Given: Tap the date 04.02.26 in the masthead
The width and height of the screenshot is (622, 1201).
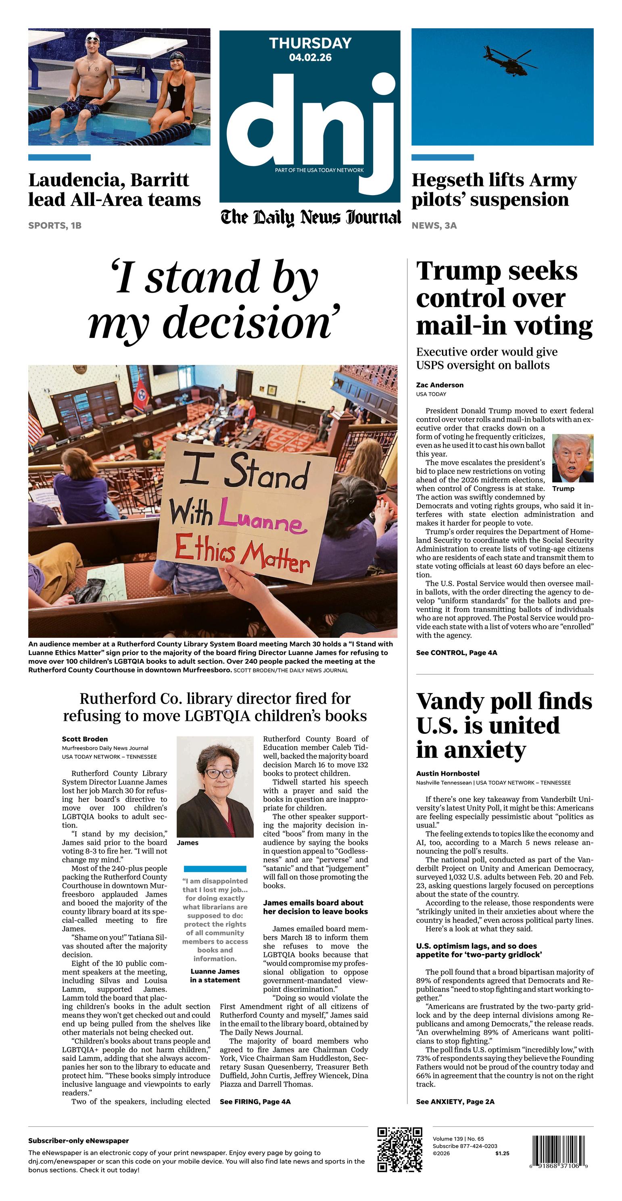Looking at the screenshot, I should pyautogui.click(x=310, y=57).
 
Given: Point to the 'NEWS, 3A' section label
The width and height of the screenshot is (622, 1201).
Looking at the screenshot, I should pyautogui.click(x=434, y=226).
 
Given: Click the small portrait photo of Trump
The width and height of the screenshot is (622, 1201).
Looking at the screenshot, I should pyautogui.click(x=572, y=458).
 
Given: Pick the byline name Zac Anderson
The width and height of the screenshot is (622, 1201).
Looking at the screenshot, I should pyautogui.click(x=440, y=385).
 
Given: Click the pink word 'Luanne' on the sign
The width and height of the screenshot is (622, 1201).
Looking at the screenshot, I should pyautogui.click(x=262, y=518).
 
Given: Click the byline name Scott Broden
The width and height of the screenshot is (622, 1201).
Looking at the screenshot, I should pyautogui.click(x=84, y=739).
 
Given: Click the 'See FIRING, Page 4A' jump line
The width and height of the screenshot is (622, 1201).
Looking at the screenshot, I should pyautogui.click(x=255, y=1102).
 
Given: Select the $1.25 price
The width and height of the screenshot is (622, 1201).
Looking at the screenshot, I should pyautogui.click(x=502, y=1153).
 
